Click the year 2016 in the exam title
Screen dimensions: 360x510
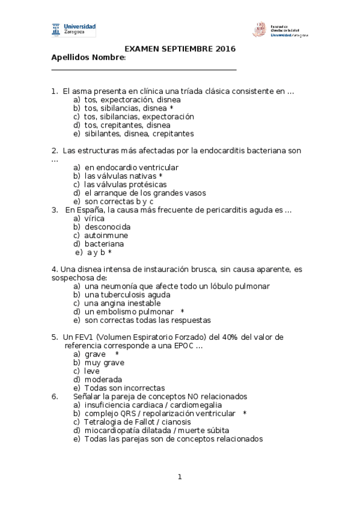point(225,49)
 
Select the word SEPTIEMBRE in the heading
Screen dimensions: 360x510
point(183,49)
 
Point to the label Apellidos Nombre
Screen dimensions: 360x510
point(88,58)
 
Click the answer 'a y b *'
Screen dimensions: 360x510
point(99,253)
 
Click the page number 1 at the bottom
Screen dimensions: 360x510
point(179,477)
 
